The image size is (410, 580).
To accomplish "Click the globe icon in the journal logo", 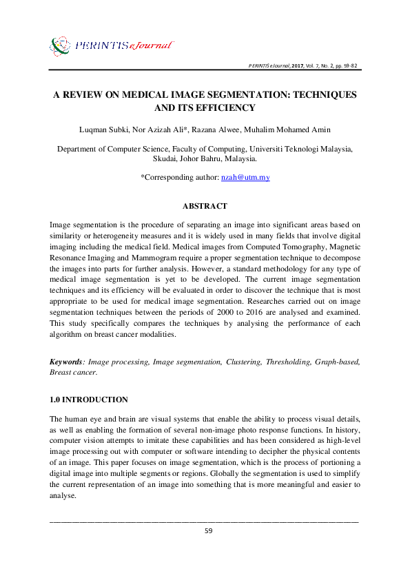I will [60, 45].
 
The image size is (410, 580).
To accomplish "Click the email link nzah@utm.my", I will [245, 178].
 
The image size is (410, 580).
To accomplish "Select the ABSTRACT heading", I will [205, 206].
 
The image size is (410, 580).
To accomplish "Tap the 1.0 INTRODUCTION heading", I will [89, 400].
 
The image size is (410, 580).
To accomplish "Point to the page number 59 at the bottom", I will [205, 531].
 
